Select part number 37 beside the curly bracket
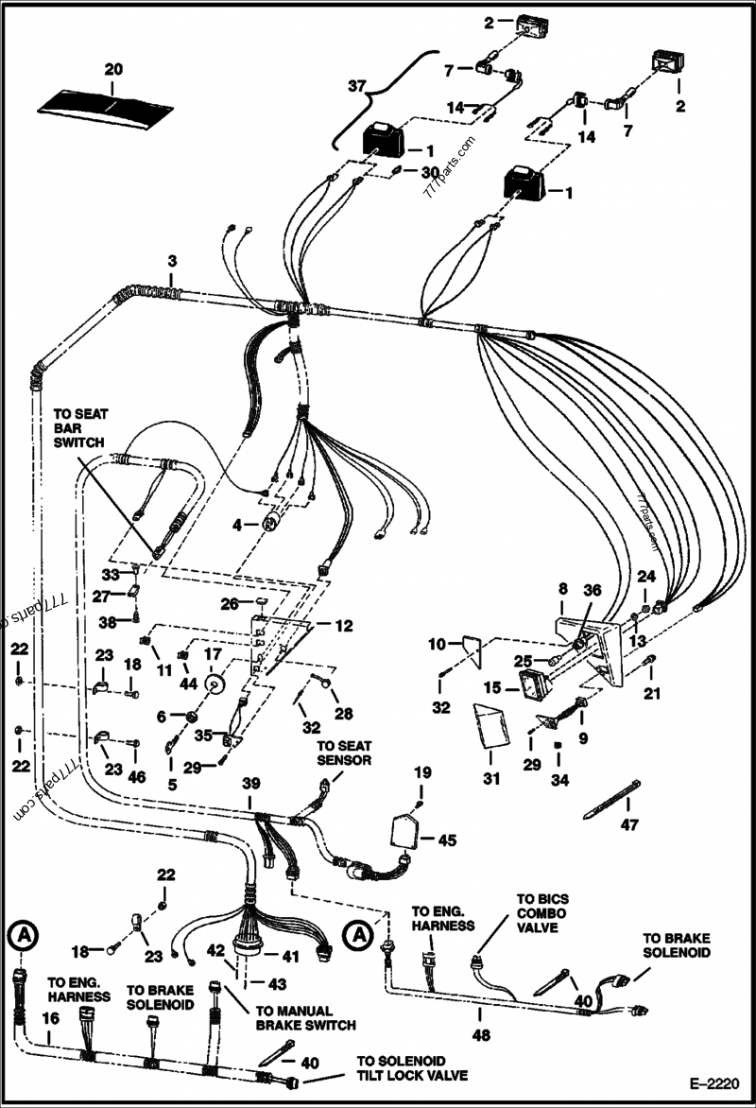click(x=357, y=87)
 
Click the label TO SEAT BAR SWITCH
click(x=80, y=427)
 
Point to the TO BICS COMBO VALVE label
click(x=542, y=914)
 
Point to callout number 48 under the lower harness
click(x=482, y=1035)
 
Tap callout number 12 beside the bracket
click(x=342, y=626)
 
